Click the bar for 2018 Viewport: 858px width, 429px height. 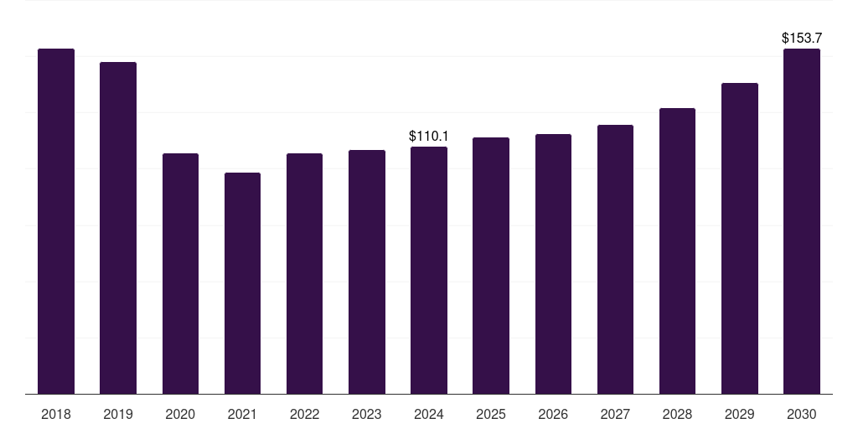click(56, 221)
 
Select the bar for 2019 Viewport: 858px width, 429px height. click(118, 228)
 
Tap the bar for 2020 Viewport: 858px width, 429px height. click(180, 273)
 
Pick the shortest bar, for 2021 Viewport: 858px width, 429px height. click(242, 283)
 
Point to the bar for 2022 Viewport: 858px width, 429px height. click(304, 273)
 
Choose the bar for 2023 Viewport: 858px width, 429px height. click(367, 271)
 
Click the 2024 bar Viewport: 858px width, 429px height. click(429, 270)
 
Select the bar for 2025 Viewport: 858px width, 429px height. click(491, 266)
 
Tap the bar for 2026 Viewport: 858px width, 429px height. click(553, 264)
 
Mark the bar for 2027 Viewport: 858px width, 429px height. click(615, 259)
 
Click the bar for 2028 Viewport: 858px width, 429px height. click(677, 251)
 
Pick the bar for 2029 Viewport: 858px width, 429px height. click(740, 238)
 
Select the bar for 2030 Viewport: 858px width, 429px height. click(802, 221)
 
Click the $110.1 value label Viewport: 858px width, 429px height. click(429, 136)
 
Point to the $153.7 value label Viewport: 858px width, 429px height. click(802, 38)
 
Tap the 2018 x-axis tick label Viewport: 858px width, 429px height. click(56, 414)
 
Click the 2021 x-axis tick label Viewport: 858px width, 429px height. click(242, 414)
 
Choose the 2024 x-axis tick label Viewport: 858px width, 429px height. click(429, 414)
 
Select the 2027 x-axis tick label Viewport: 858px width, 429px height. click(615, 414)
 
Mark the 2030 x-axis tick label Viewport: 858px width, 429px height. click(802, 414)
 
